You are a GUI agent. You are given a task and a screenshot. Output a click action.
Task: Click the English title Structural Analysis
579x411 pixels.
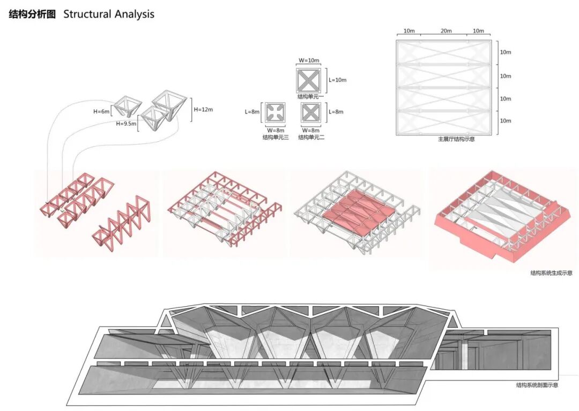(109, 14)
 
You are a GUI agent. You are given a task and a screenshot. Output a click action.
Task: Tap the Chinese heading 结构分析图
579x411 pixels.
(32, 14)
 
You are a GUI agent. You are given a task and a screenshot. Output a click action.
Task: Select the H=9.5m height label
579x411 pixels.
(127, 123)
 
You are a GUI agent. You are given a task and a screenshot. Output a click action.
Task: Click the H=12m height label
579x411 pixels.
(203, 110)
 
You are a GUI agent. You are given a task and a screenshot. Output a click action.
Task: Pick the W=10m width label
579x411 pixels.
(308, 60)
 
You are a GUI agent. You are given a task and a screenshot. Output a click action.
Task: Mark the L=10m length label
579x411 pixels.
(337, 80)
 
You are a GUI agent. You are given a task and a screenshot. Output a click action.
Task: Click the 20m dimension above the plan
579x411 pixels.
(446, 31)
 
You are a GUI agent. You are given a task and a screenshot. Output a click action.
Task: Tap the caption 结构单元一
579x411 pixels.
(308, 97)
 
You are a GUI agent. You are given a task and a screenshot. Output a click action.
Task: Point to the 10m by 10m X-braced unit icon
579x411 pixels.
(308, 80)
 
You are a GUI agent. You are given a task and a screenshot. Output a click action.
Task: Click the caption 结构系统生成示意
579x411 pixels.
(551, 273)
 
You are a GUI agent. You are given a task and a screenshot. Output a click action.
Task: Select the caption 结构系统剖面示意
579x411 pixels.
(537, 385)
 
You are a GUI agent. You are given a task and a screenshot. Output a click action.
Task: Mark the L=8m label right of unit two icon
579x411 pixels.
(336, 112)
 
